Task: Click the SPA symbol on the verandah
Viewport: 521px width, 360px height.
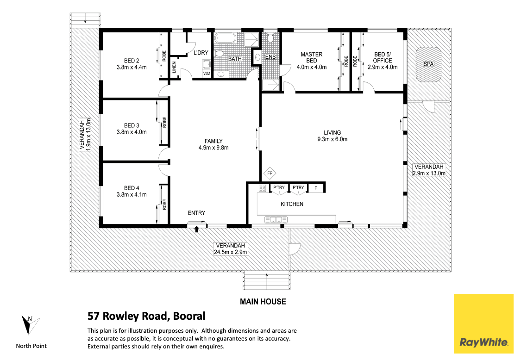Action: pos(428,64)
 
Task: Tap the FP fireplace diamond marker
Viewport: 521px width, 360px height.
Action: pos(270,174)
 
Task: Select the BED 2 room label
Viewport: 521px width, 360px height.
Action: pos(132,61)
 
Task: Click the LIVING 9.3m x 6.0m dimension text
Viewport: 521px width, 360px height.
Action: pos(332,139)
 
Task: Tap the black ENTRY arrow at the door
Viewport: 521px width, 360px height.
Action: pos(196,229)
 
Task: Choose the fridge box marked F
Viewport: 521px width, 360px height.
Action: pos(315,188)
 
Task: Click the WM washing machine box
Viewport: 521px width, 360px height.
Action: pos(206,73)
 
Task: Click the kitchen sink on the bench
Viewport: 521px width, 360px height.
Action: pos(274,219)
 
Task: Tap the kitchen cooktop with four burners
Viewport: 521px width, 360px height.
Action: pos(262,188)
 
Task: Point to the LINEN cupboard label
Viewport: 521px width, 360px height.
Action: pos(174,68)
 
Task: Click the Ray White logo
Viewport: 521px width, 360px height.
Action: pos(483,323)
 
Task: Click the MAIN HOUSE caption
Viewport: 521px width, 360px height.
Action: pos(263,302)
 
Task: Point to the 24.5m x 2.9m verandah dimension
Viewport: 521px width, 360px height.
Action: pos(230,252)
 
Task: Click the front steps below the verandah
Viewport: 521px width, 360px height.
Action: pos(267,280)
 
